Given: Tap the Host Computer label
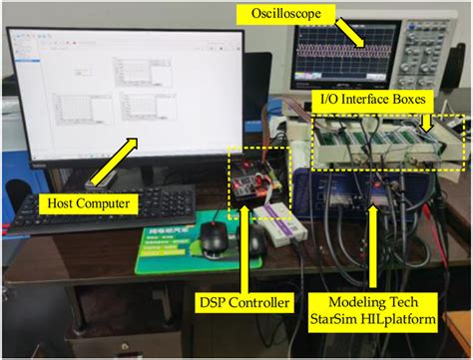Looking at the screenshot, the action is point(89,202).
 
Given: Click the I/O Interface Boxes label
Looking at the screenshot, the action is point(375,100).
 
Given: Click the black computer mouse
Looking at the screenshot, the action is point(214,237).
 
